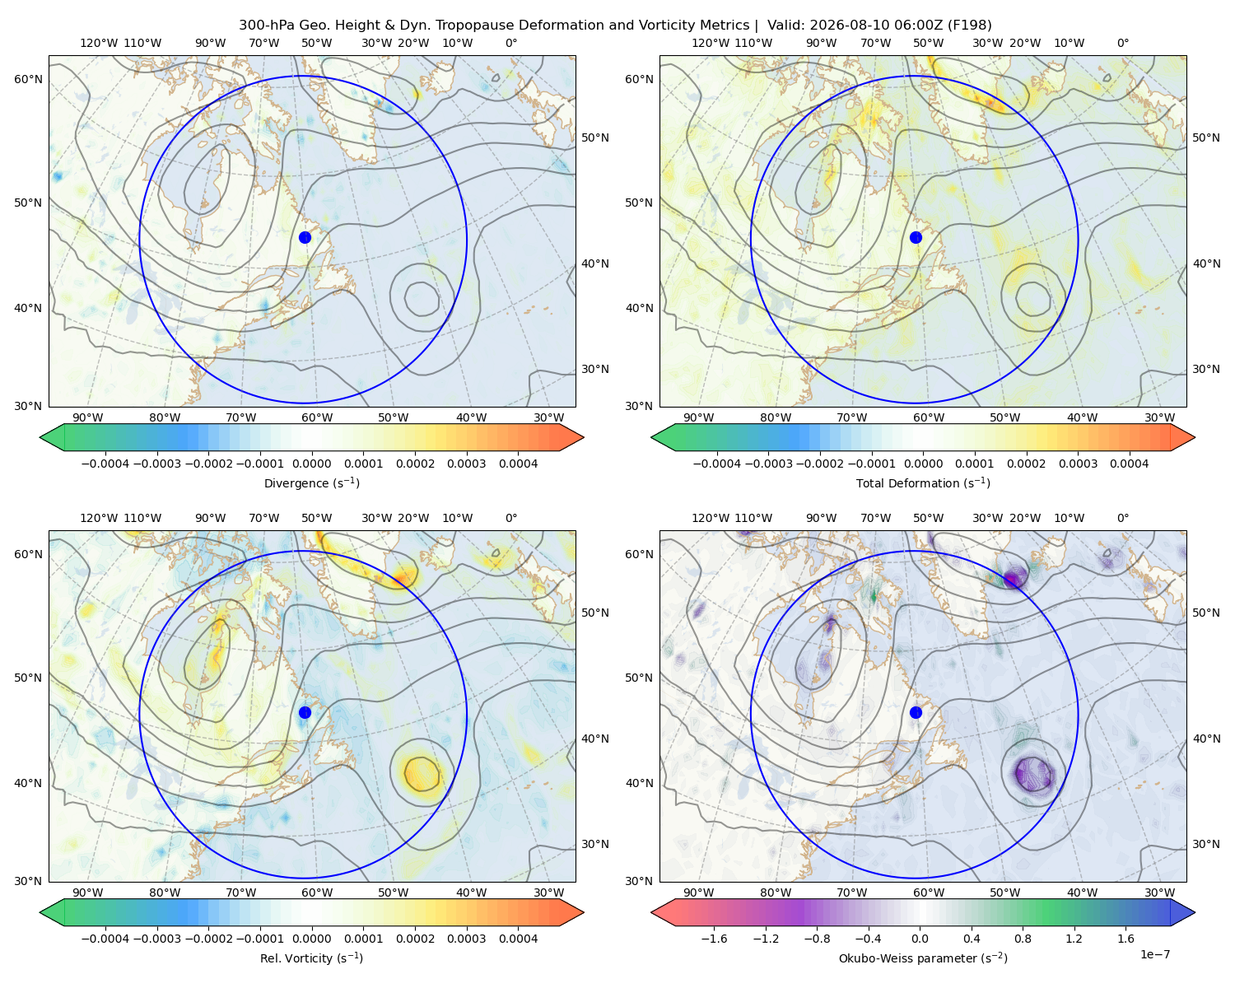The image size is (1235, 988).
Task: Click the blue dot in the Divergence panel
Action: [305, 237]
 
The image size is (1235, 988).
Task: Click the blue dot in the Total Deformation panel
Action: [916, 237]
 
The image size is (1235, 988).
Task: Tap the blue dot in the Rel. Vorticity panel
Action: [305, 712]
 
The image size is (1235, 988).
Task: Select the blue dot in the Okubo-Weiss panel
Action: [916, 712]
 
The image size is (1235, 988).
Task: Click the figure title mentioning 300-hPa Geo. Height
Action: [615, 25]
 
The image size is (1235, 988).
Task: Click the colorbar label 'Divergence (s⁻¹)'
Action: [311, 482]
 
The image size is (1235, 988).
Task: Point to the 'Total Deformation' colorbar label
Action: [923, 482]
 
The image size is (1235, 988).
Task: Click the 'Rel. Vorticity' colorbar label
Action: [311, 958]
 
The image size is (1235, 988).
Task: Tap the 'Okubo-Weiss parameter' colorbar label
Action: [923, 958]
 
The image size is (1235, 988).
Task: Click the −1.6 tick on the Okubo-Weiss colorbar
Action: [714, 938]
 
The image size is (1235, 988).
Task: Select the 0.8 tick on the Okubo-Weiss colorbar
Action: [1023, 938]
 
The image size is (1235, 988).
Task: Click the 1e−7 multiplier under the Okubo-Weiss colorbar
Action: [1154, 954]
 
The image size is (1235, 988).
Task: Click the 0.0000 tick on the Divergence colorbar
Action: [311, 464]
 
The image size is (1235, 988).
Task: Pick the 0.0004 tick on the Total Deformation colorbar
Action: [1129, 464]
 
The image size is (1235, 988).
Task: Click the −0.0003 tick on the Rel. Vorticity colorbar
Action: [156, 938]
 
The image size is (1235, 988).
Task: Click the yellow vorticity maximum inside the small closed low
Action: [422, 774]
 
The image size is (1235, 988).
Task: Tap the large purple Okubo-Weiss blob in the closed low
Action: [1033, 774]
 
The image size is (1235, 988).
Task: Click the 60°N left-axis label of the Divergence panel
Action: [28, 79]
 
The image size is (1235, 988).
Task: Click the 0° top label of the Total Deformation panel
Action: [1122, 43]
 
